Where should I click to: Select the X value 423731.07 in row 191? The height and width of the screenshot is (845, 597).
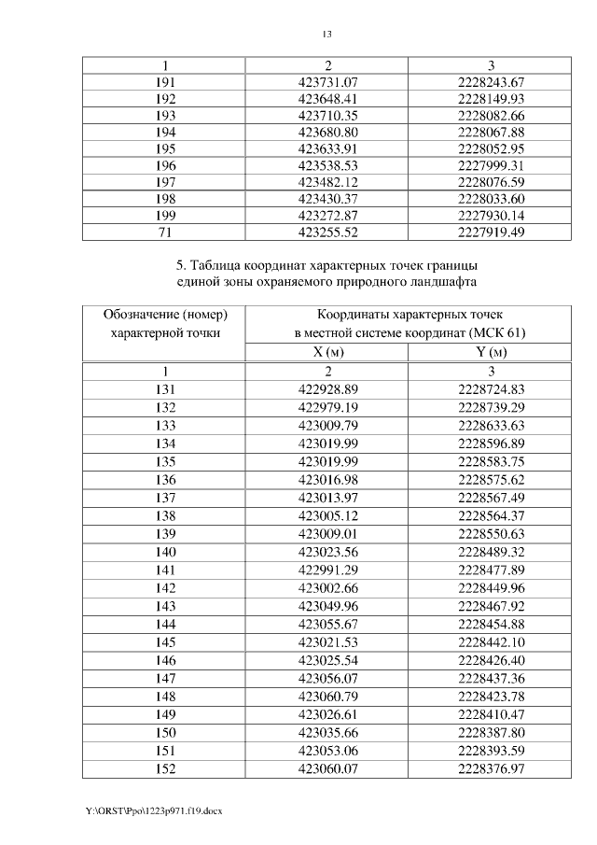click(327, 82)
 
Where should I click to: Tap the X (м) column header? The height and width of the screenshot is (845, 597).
click(327, 352)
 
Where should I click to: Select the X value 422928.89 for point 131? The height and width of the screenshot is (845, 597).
click(327, 388)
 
